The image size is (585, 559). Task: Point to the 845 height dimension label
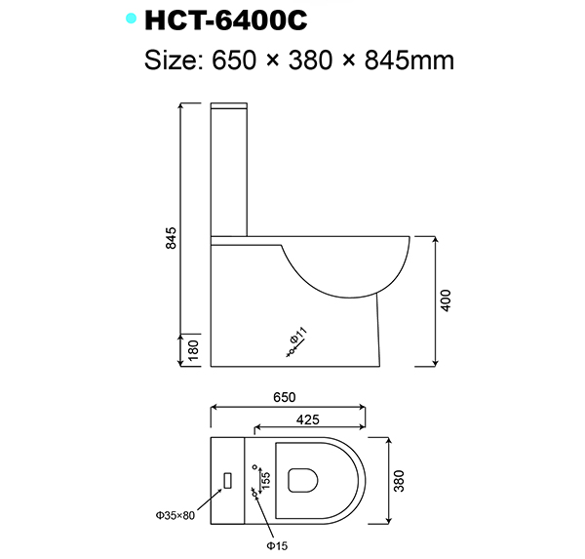tap(172, 237)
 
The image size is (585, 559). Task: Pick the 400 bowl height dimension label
tap(448, 300)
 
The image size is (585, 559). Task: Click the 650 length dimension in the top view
tap(285, 398)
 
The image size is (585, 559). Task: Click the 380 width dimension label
tap(399, 480)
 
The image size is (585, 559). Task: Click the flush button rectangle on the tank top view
tap(227, 480)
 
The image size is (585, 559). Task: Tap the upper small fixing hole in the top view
tap(254, 465)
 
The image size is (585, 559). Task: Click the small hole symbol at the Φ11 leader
tap(290, 350)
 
